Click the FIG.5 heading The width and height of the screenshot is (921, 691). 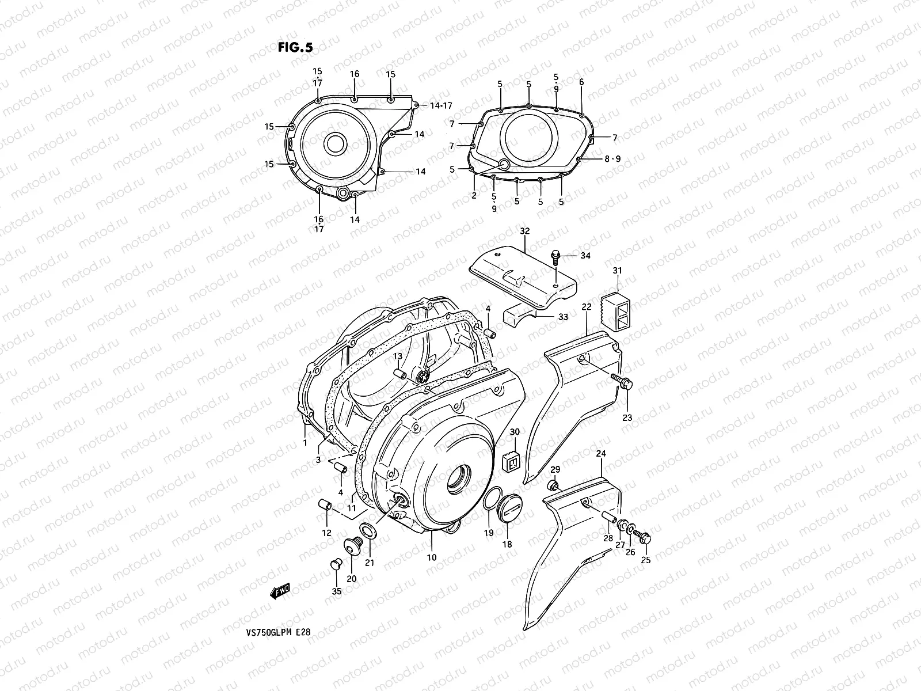pyautogui.click(x=295, y=48)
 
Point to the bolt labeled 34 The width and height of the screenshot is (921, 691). pyautogui.click(x=556, y=256)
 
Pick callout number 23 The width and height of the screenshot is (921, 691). pyautogui.click(x=627, y=417)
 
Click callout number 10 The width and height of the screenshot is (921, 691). pyautogui.click(x=432, y=557)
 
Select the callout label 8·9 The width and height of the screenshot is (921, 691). pyautogui.click(x=612, y=159)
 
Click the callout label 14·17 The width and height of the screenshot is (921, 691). pyautogui.click(x=442, y=105)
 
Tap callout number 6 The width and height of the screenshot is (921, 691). pyautogui.click(x=581, y=82)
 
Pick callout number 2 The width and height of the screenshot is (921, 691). pyautogui.click(x=474, y=196)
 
